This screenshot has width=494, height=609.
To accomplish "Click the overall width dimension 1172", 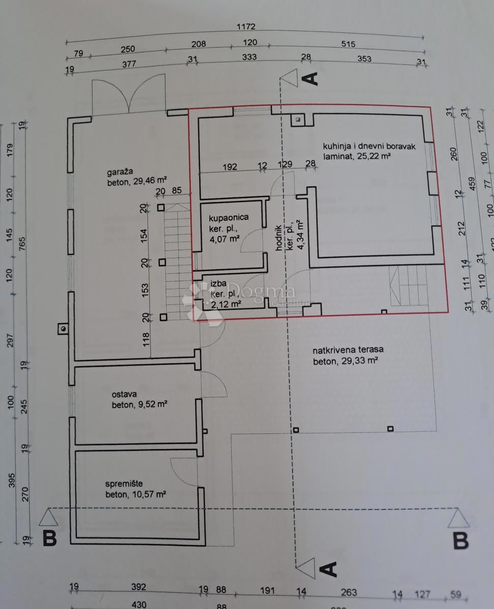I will coord(245,27).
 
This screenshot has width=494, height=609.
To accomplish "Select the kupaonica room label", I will coord(229,217).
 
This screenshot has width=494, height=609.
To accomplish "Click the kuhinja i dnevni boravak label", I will coord(369,147).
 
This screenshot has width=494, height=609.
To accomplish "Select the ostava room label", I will coord(125,394).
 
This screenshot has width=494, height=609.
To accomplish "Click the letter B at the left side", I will coord(49,538).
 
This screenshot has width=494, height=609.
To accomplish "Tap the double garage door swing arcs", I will coord(129,96).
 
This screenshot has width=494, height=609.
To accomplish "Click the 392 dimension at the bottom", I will coord(138,587).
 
